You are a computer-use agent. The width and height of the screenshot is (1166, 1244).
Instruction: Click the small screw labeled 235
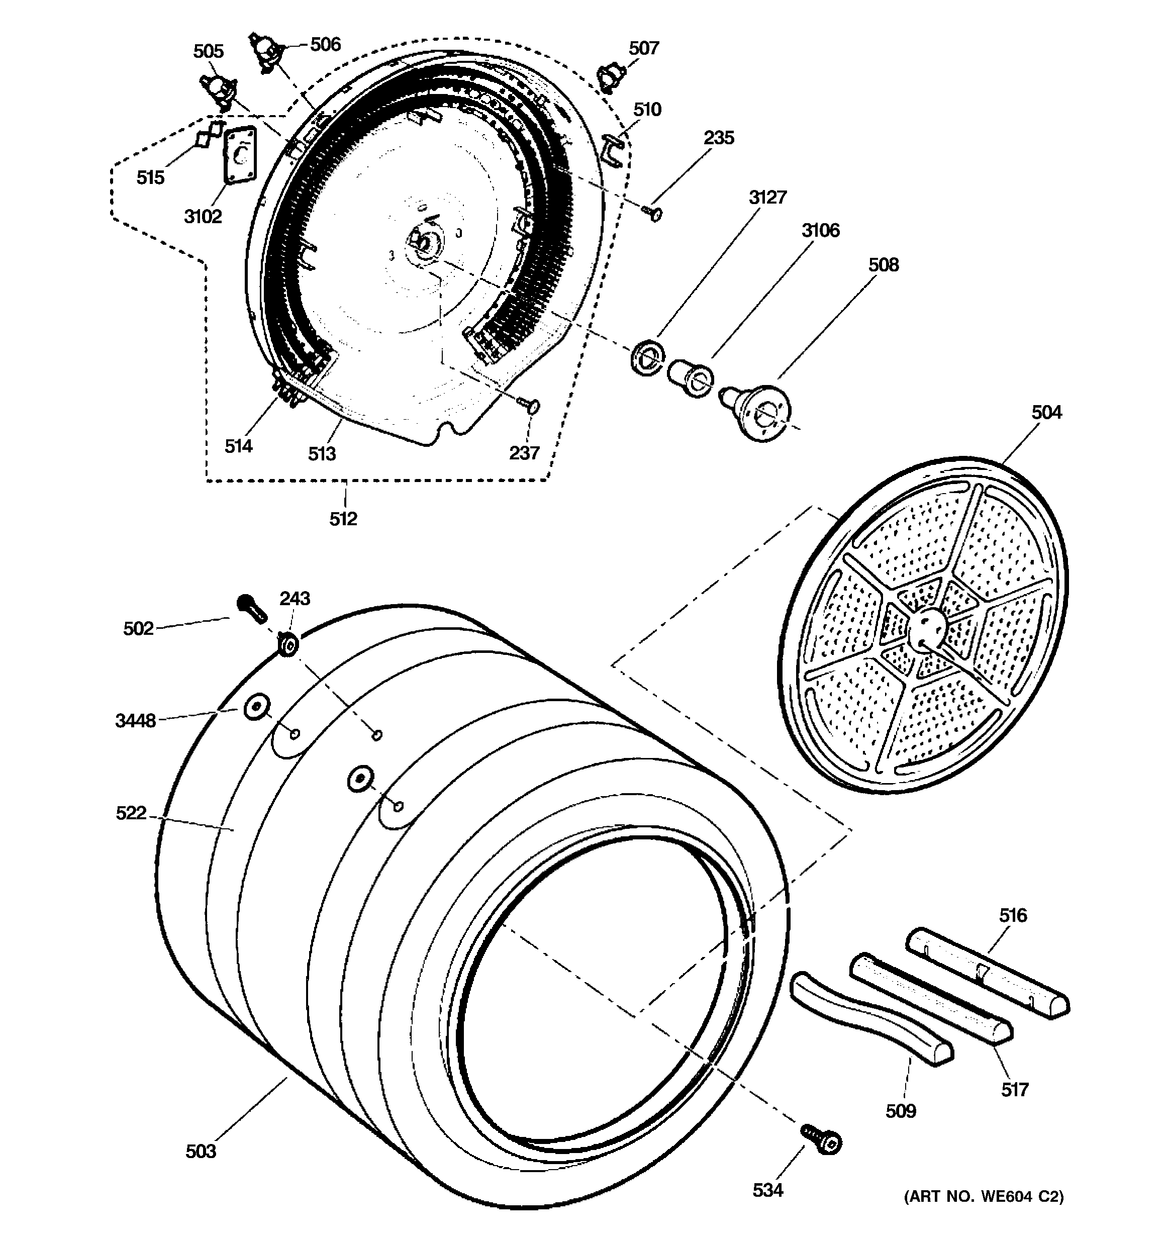pyautogui.click(x=654, y=215)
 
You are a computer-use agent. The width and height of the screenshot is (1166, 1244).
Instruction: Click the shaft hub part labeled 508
pyautogui.click(x=761, y=411)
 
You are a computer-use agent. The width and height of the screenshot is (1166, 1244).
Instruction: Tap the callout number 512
pyautogui.click(x=343, y=518)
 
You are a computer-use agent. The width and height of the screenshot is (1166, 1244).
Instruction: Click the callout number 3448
pyautogui.click(x=135, y=721)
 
